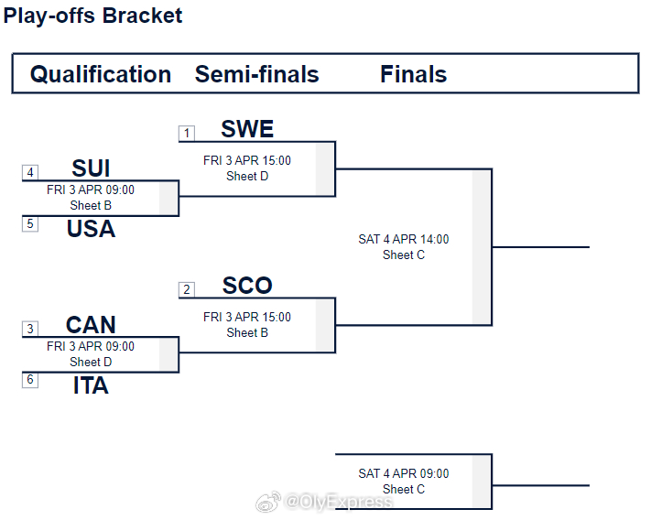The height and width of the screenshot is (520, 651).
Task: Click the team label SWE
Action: (x=247, y=129)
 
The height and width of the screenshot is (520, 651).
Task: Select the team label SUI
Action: (x=91, y=168)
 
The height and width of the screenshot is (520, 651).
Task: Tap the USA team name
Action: (x=91, y=229)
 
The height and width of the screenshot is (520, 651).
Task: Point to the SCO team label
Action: (x=247, y=286)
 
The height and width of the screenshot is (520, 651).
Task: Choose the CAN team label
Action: (x=91, y=324)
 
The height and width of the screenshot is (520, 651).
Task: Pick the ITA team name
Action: (x=91, y=385)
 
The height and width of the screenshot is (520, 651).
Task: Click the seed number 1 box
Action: (x=187, y=134)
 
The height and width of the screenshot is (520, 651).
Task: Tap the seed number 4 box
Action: (x=30, y=172)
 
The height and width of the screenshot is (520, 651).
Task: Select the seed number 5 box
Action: (x=30, y=224)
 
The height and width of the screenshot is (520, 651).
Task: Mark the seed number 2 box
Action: (x=187, y=289)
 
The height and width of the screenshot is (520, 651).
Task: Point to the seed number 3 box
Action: (x=30, y=329)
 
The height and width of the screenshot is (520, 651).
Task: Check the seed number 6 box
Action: (x=30, y=380)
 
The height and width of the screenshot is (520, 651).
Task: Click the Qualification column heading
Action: (x=101, y=75)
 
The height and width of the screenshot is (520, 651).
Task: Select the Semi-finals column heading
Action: (x=257, y=74)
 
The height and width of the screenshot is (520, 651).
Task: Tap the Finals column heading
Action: (x=414, y=74)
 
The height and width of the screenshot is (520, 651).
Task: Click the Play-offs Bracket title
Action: (x=92, y=16)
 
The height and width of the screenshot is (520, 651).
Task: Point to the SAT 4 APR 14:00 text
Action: (x=404, y=239)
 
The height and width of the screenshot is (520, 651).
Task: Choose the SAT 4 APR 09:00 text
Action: (x=404, y=473)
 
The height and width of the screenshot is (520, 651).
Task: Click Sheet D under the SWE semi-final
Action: (x=247, y=176)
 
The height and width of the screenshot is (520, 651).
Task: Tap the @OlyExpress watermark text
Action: (x=339, y=502)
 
